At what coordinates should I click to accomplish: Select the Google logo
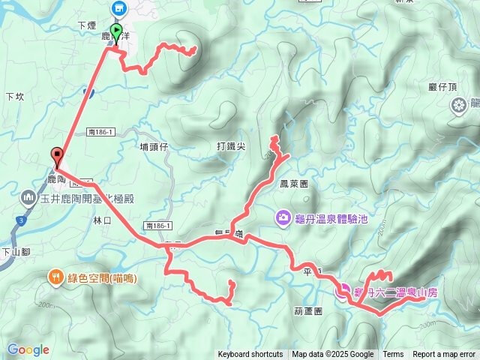[28, 349]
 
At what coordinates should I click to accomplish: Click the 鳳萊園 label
[293, 184]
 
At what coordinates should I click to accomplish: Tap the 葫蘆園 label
[308, 310]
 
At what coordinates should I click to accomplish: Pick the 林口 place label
[102, 220]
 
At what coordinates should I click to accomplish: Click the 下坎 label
[15, 97]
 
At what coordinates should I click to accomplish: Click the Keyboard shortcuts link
[250, 355]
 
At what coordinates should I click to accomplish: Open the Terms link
[393, 355]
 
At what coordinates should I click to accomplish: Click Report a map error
[445, 355]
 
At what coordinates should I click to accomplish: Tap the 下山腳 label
[13, 252]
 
